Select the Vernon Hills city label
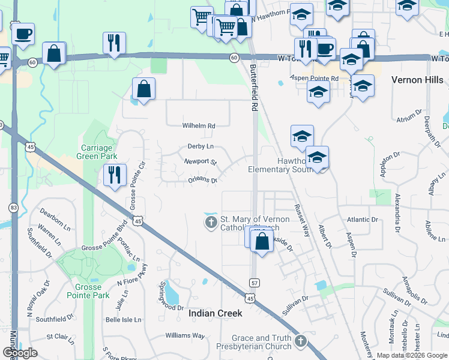point(416,79)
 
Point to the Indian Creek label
point(215,313)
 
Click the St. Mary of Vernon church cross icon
point(211,223)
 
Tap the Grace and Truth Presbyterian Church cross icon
point(300,342)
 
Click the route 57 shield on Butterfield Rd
point(255,282)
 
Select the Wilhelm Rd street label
point(199,126)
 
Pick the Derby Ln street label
point(200,146)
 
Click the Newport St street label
point(200,162)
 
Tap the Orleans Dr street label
point(202,179)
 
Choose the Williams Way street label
point(185,335)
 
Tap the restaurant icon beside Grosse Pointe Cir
point(114,175)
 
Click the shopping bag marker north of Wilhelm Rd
point(143,89)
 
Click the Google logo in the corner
point(20,353)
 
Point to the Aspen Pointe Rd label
point(314,78)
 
